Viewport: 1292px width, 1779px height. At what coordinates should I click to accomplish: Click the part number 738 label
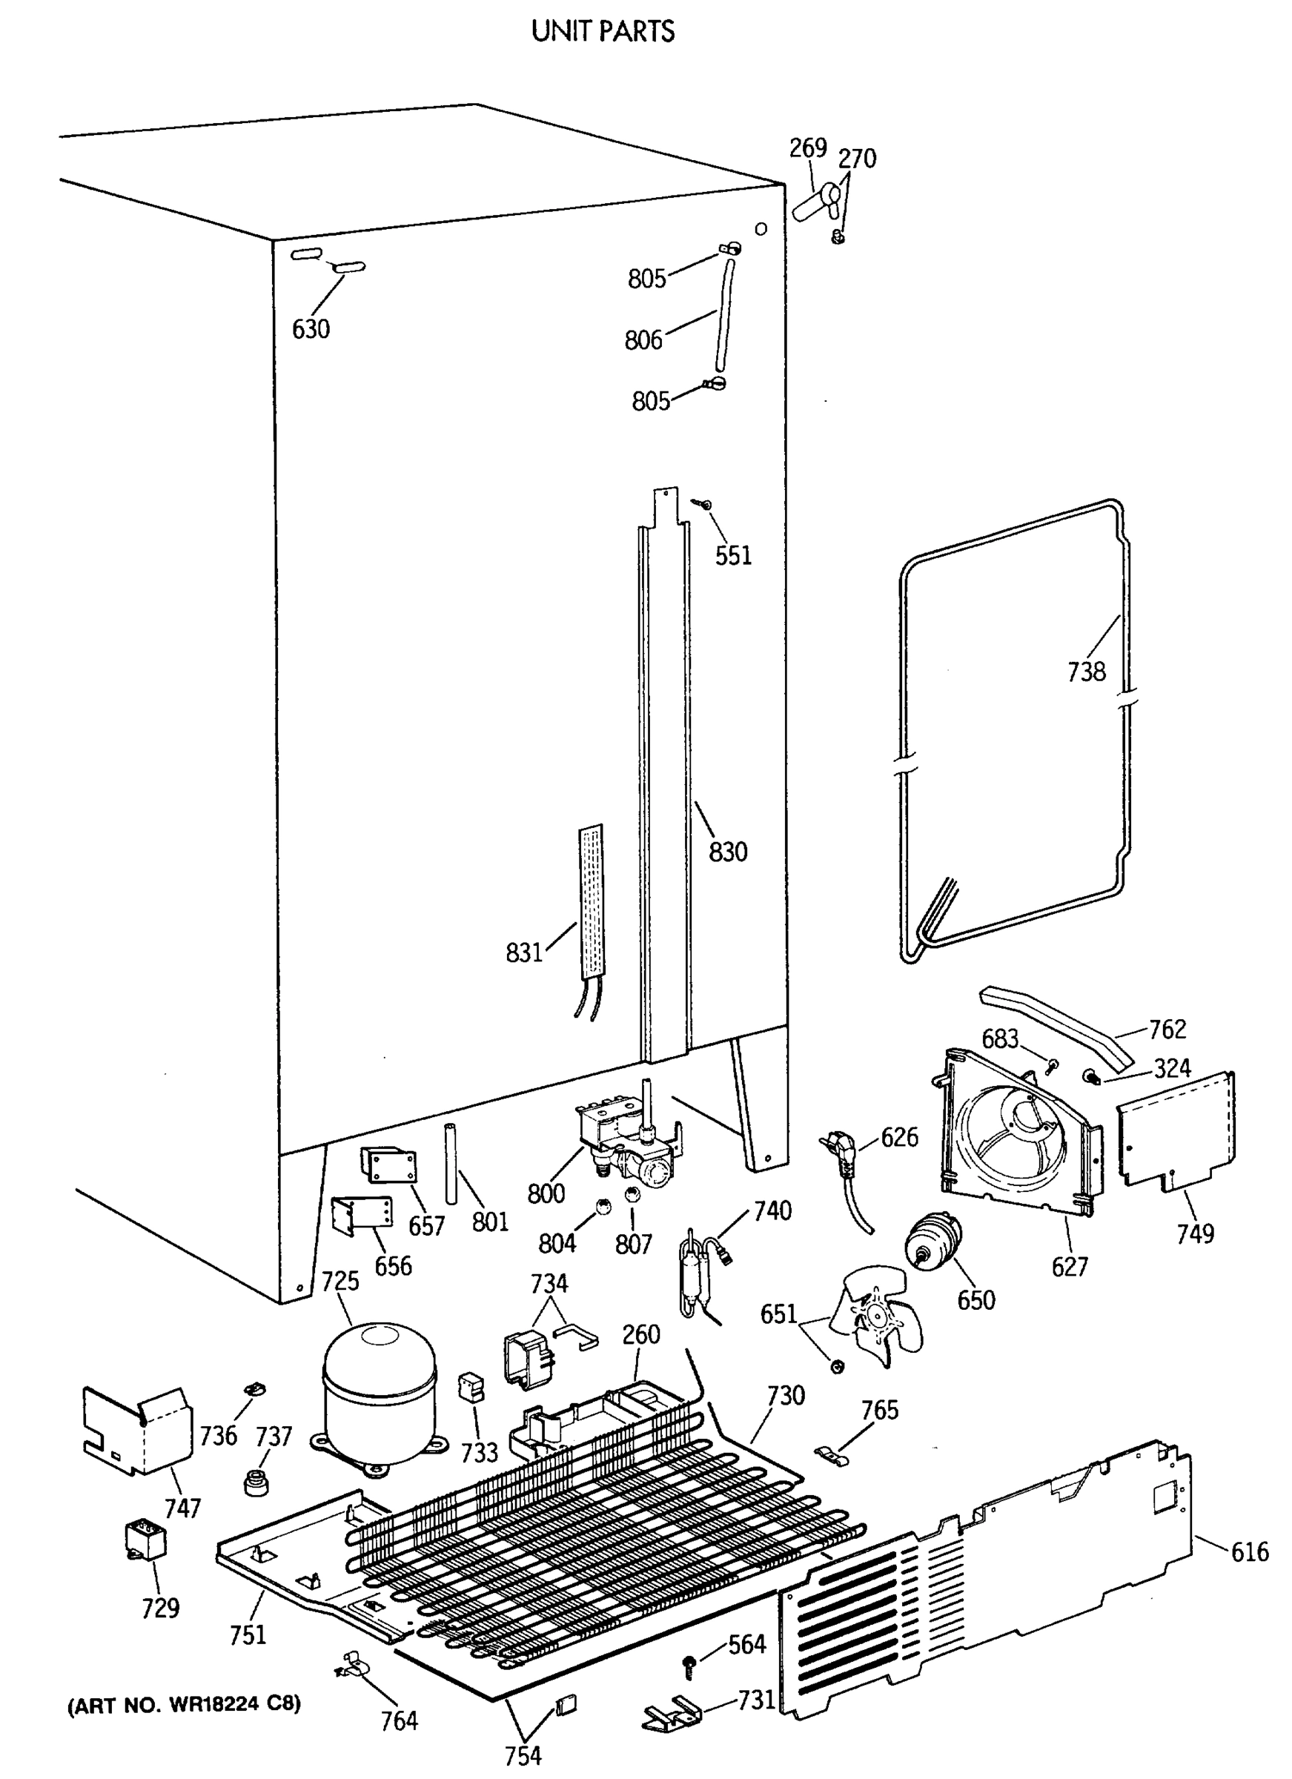[1087, 672]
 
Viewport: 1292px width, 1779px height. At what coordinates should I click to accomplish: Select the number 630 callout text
[311, 329]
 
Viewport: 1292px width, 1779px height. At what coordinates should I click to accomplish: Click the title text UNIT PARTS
[603, 31]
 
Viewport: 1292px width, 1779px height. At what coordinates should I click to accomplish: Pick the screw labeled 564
[690, 1666]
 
